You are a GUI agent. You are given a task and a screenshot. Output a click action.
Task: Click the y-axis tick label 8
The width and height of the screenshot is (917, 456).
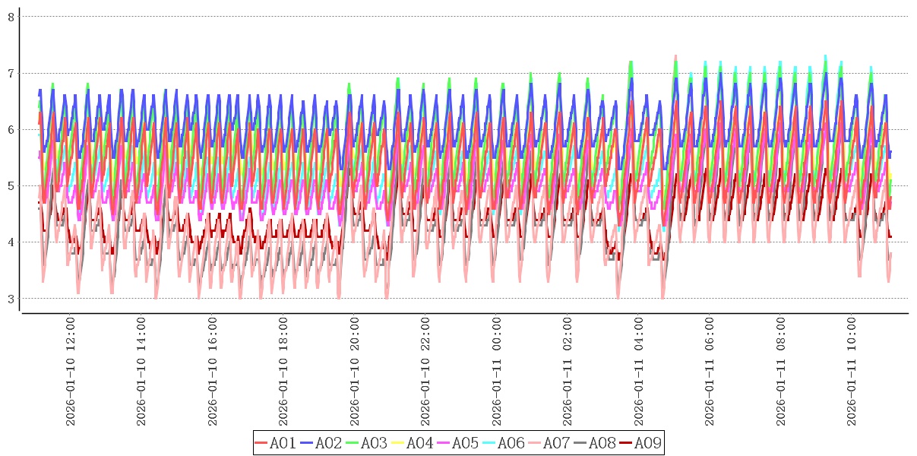click(x=11, y=16)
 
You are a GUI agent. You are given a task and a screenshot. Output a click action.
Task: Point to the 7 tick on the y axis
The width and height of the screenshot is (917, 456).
click(x=11, y=73)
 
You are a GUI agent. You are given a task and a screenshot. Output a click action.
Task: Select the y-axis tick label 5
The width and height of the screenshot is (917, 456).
click(x=11, y=185)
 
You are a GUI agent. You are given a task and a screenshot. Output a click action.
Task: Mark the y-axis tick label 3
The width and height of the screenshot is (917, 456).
click(x=11, y=299)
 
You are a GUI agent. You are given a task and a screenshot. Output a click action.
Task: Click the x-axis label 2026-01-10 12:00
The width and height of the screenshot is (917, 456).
click(x=71, y=372)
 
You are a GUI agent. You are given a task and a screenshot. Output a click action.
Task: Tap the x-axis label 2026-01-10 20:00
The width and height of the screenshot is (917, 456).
click(x=355, y=372)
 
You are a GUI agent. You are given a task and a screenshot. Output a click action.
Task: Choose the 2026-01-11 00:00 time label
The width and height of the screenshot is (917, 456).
click(x=497, y=372)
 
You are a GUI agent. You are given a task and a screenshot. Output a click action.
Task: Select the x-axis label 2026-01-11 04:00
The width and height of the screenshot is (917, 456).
click(x=639, y=372)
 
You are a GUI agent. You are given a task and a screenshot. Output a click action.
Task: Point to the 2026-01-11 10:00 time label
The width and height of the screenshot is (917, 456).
click(x=852, y=372)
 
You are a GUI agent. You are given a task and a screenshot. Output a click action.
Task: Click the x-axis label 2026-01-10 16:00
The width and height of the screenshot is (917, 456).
click(x=213, y=372)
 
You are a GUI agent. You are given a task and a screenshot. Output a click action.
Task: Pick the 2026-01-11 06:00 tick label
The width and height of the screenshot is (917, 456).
click(x=710, y=372)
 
